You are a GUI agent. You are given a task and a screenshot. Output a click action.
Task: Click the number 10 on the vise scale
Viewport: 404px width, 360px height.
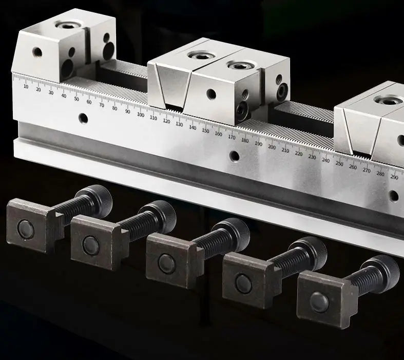click(x=26, y=86)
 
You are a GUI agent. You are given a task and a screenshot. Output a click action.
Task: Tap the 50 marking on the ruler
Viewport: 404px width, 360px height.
click(x=76, y=99)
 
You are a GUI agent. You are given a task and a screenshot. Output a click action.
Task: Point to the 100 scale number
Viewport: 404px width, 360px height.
click(x=140, y=115)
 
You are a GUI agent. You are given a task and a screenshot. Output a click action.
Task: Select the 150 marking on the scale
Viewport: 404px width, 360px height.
click(x=205, y=130)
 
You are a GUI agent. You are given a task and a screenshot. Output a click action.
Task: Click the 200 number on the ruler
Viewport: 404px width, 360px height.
click(x=272, y=147)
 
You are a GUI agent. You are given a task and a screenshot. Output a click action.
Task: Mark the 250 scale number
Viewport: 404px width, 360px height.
click(x=339, y=164)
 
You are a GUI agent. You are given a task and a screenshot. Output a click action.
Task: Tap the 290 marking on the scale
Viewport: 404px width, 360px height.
click(x=394, y=177)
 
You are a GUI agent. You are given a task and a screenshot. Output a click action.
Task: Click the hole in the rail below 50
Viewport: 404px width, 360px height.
click(x=83, y=119)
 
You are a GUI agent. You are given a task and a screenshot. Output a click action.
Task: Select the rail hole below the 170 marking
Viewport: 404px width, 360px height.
click(x=234, y=156)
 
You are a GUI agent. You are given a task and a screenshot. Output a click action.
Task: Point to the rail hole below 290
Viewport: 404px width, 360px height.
click(x=394, y=195)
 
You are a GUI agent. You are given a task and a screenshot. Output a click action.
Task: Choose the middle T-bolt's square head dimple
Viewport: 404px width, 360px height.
click(x=166, y=263)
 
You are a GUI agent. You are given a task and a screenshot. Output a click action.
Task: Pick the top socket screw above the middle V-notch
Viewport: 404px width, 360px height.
click(x=198, y=55)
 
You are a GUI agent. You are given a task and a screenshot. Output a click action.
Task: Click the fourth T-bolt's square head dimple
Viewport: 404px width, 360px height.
click(x=243, y=283)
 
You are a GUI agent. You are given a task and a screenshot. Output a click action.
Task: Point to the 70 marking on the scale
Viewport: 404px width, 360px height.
click(x=102, y=105)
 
